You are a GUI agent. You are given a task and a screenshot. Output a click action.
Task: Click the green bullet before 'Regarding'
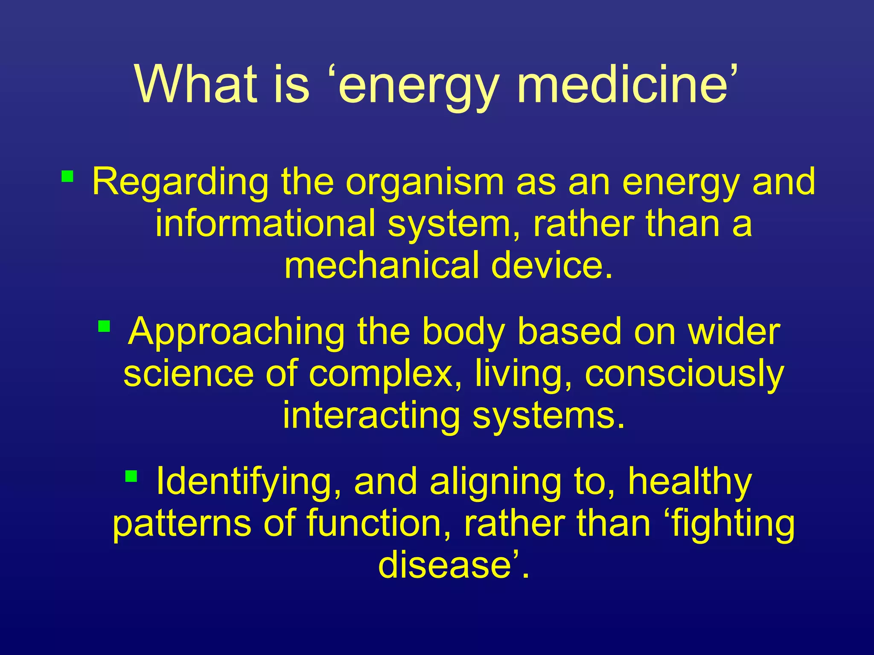point(67,176)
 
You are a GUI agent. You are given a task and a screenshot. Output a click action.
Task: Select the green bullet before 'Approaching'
point(104,327)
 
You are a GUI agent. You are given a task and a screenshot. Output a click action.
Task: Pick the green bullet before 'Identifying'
point(131,476)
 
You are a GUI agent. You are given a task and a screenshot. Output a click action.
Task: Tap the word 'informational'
point(265,223)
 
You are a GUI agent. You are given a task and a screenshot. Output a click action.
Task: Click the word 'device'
point(551,265)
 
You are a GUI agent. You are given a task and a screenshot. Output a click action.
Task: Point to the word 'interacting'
point(371,415)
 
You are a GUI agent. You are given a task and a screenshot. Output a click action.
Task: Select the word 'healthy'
point(689,481)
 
